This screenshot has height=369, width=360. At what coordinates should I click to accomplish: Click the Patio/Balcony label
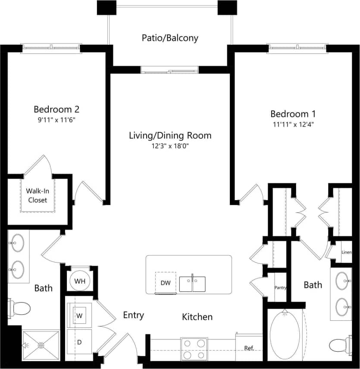pos(170,38)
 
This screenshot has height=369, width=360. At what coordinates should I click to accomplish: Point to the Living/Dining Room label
pos(170,135)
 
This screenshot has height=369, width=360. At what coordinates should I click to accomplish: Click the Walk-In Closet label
pos(38,195)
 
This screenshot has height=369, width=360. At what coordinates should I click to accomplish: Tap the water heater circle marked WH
pos(80,281)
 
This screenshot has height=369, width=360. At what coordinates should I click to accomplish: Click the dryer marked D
pos(79,342)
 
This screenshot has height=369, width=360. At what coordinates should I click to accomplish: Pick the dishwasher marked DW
pos(165,282)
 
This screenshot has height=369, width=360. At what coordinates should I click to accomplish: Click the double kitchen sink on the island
pos(192,284)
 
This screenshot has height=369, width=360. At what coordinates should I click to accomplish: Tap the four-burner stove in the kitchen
pos(194,349)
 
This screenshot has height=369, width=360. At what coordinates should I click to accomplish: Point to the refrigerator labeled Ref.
pos(249,347)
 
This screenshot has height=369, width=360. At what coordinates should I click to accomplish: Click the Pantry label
pos(281,287)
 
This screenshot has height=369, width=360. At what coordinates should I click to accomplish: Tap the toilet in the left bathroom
pos(20,308)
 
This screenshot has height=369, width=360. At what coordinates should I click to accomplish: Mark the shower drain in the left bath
pos(41,345)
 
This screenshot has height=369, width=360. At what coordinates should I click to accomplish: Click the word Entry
pos(133,315)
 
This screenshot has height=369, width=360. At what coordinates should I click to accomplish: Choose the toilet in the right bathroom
pos(340,345)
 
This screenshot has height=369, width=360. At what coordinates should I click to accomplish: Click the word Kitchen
pos(197,317)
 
